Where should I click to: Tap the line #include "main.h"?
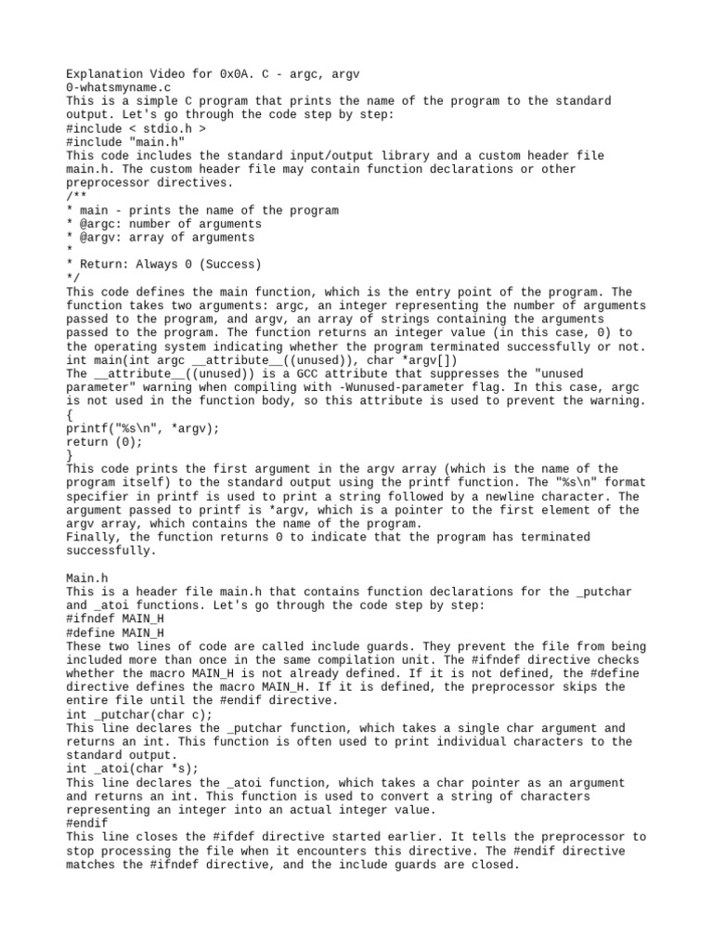coord(124,142)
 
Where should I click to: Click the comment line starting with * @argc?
coord(164,224)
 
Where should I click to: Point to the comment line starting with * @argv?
coord(161,238)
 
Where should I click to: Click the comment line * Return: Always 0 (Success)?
coord(164,265)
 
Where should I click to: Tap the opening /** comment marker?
coord(74,196)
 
